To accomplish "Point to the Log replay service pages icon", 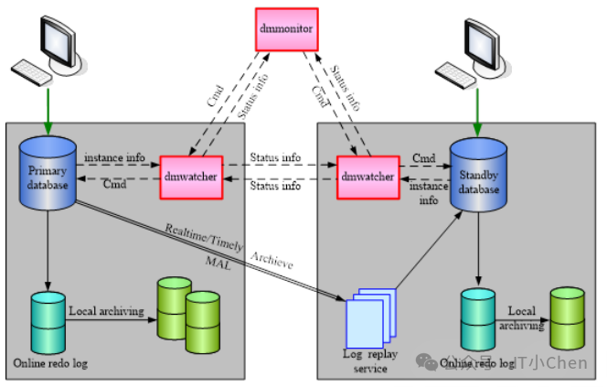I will [x=370, y=317].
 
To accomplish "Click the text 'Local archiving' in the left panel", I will [x=106, y=311].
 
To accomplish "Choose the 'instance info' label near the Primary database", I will [x=114, y=157].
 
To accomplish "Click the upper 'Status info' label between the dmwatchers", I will [x=275, y=157].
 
